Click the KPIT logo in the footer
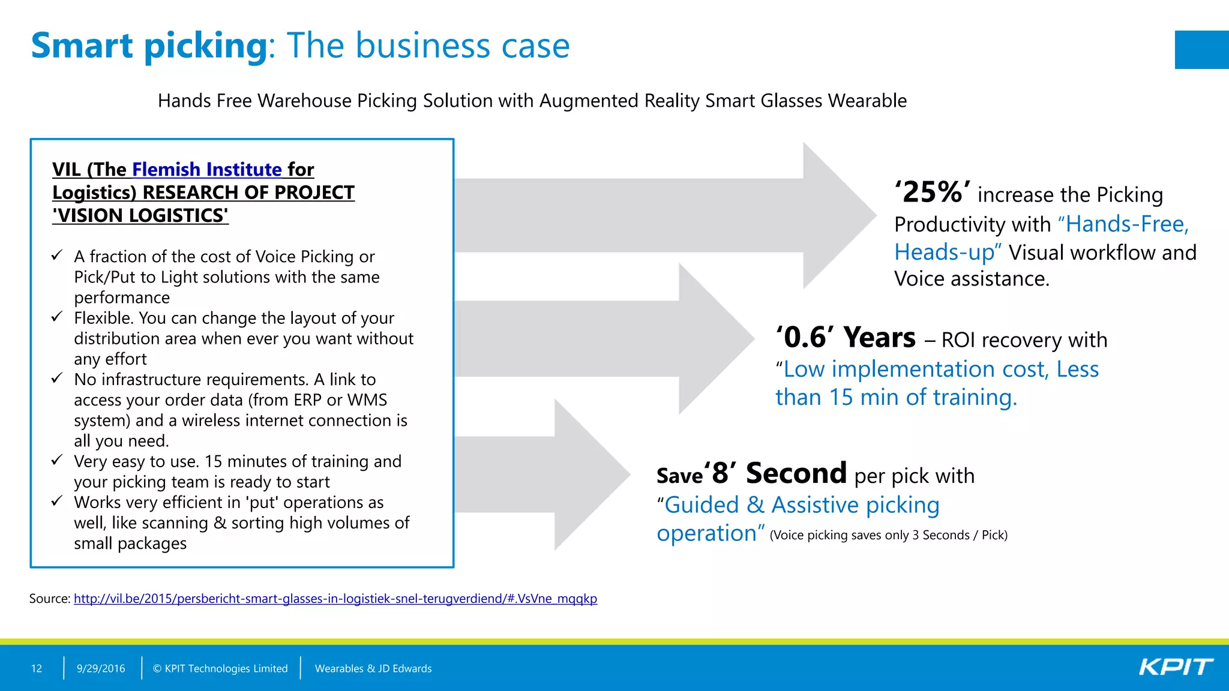pyautogui.click(x=1176, y=667)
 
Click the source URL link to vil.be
pyautogui.click(x=335, y=599)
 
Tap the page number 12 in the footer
pyautogui.click(x=37, y=668)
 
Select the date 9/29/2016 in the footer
pyautogui.click(x=101, y=668)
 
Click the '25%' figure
pyautogui.click(x=932, y=193)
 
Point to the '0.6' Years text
pyautogui.click(x=846, y=338)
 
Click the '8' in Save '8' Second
pyautogui.click(x=720, y=474)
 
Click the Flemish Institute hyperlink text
pyautogui.click(x=206, y=170)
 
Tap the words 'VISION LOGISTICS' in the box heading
pyautogui.click(x=140, y=215)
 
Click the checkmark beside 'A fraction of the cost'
pyautogui.click(x=57, y=256)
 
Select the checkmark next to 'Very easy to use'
pyautogui.click(x=57, y=460)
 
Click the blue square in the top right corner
pyautogui.click(x=1201, y=50)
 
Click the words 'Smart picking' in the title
pyautogui.click(x=149, y=46)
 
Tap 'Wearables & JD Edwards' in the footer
pyautogui.click(x=373, y=668)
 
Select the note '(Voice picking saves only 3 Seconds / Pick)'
pyautogui.click(x=888, y=535)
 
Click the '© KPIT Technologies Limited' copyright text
pyautogui.click(x=220, y=668)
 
